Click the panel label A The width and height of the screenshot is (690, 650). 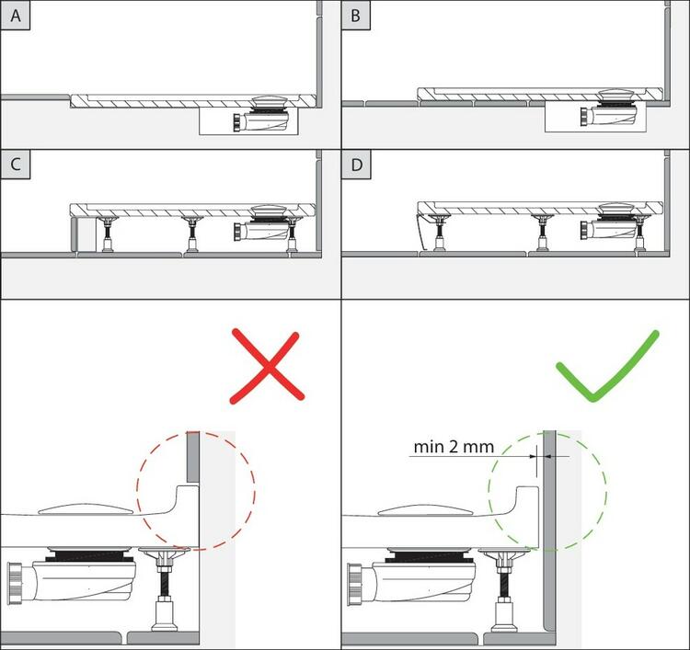(x=16, y=16)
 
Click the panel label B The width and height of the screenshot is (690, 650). (x=355, y=16)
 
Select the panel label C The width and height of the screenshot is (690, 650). (x=16, y=165)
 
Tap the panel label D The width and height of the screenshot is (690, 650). (x=356, y=165)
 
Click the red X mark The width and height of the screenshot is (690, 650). (x=267, y=366)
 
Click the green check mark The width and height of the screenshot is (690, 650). (x=608, y=366)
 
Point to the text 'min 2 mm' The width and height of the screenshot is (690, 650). (x=454, y=447)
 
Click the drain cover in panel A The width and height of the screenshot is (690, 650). (x=270, y=99)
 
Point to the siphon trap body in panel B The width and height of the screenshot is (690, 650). (x=609, y=115)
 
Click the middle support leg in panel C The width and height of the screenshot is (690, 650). (x=192, y=234)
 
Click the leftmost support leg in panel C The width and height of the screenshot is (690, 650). (x=108, y=234)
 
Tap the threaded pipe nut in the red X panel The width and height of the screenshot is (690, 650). (x=15, y=584)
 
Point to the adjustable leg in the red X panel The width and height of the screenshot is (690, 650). (x=164, y=589)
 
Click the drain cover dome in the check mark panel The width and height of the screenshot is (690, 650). (x=426, y=509)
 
